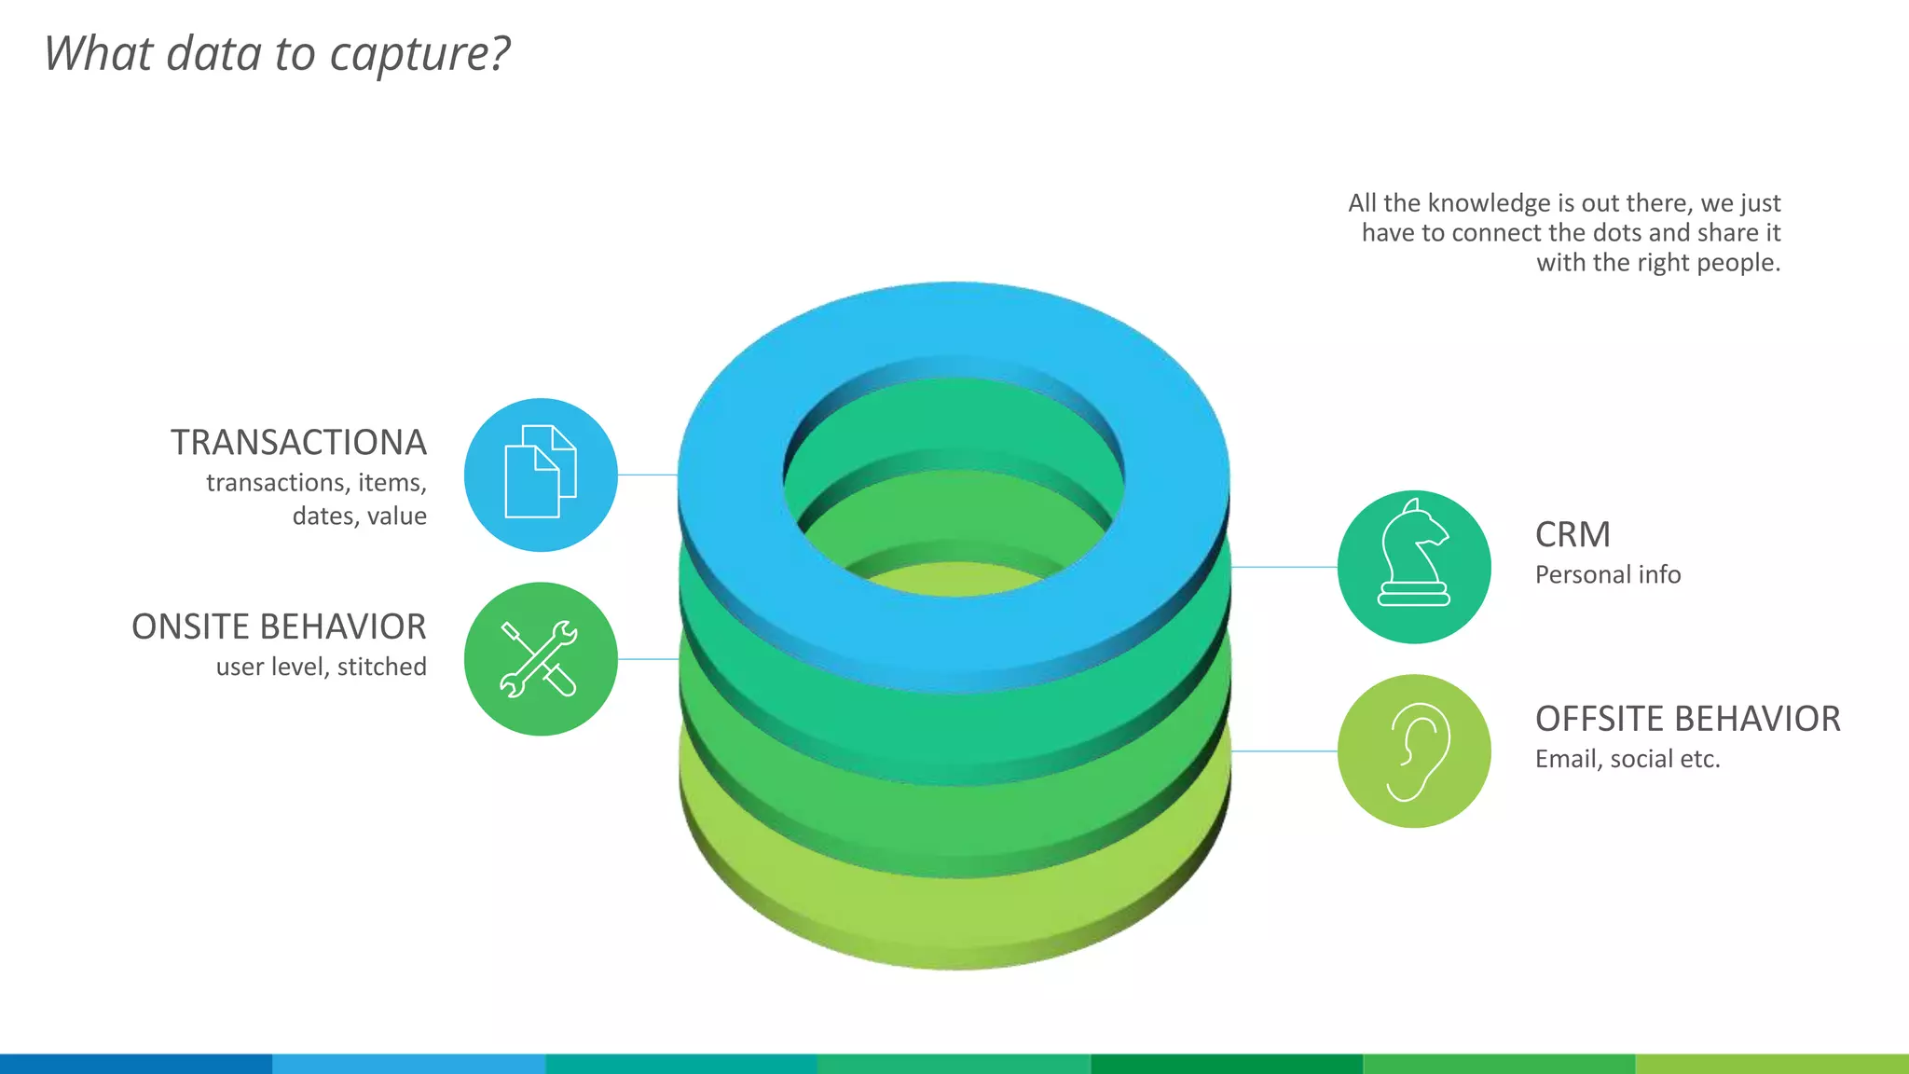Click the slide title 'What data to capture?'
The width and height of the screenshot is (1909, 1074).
click(277, 53)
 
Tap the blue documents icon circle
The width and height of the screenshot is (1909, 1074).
click(541, 475)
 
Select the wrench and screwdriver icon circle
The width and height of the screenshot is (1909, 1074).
click(541, 659)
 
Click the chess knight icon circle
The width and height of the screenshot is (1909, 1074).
click(1414, 567)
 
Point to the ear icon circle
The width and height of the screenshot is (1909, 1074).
click(1414, 751)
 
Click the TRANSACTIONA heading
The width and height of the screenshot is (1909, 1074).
click(298, 443)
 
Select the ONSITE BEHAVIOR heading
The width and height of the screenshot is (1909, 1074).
click(279, 626)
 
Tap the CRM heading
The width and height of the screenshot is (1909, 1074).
click(1573, 535)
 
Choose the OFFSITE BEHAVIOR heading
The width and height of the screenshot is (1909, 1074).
click(1687, 719)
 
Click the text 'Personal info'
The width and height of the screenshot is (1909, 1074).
click(1608, 574)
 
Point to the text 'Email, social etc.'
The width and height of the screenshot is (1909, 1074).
click(1627, 759)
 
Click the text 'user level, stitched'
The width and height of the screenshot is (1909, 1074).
click(322, 667)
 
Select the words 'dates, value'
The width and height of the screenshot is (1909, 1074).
click(360, 516)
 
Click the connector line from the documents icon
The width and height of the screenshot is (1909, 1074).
click(648, 475)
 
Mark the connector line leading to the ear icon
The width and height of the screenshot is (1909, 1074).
click(1284, 751)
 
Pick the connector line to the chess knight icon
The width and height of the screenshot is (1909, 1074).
click(1284, 567)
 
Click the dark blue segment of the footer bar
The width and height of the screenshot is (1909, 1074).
click(136, 1064)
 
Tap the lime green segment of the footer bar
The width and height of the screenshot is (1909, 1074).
click(1772, 1064)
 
